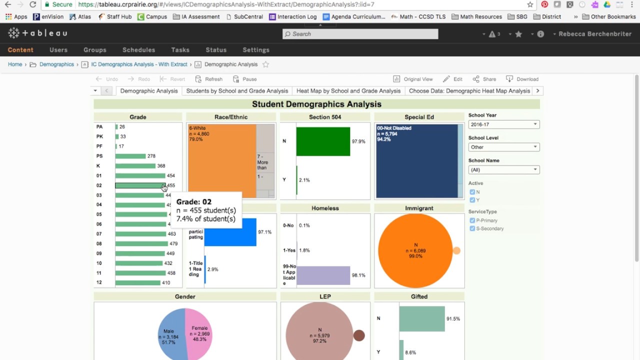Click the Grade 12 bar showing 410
(x=137, y=282)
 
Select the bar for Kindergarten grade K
(x=135, y=166)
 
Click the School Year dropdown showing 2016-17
(x=503, y=124)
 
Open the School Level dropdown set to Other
(x=503, y=147)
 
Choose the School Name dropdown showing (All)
(x=503, y=170)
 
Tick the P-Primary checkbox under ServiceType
(x=472, y=220)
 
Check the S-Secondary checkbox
(x=472, y=228)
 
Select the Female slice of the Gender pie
(x=200, y=334)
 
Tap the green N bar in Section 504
(x=323, y=141)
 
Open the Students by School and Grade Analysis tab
(x=237, y=91)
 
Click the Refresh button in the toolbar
(x=209, y=79)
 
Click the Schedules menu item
(x=138, y=50)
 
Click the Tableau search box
(x=360, y=34)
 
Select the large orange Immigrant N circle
(x=415, y=251)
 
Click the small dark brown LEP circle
(x=359, y=335)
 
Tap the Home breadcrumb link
(x=15, y=64)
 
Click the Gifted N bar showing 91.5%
(x=422, y=319)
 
